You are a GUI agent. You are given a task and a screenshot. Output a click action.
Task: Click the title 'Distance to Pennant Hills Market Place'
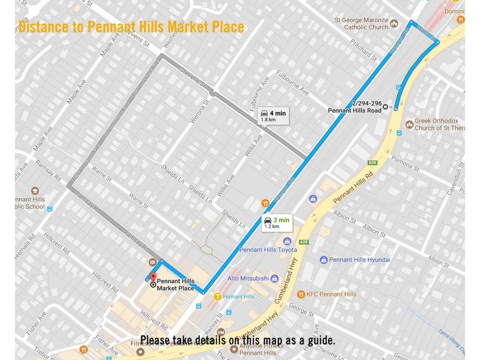pos(131,27)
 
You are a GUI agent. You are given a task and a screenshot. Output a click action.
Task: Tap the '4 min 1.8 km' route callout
pos(274,116)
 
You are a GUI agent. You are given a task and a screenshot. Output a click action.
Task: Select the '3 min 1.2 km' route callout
pos(277,223)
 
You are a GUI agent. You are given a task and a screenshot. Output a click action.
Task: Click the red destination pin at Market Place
pos(152,277)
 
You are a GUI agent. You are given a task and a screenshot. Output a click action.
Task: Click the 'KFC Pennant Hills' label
pos(331,294)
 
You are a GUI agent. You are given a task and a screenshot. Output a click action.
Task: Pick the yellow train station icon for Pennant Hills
pos(217,296)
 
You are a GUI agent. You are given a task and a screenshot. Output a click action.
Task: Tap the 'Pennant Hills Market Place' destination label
pos(175,285)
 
